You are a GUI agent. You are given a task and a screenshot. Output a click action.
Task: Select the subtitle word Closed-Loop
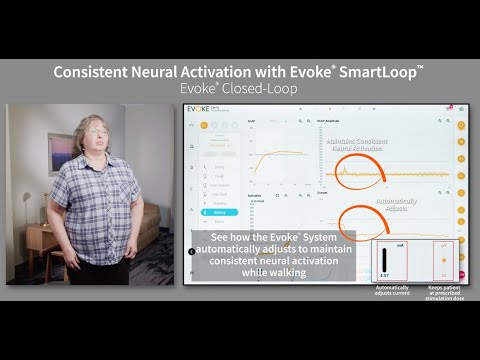point(267,88)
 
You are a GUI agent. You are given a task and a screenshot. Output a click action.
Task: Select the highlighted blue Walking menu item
point(219,212)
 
